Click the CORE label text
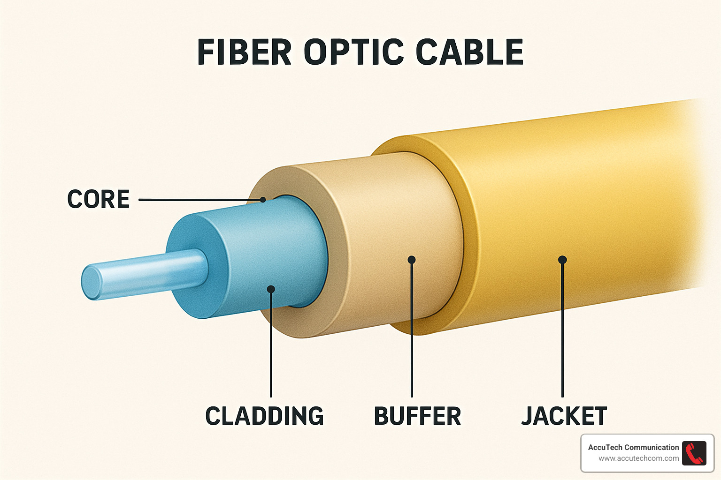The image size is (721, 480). (99, 199)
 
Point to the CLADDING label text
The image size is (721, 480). (264, 416)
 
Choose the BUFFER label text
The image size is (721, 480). (417, 416)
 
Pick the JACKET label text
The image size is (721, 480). (564, 416)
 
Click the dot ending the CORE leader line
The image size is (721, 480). (263, 200)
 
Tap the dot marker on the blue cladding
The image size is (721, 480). (271, 289)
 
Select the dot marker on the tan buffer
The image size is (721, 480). (412, 260)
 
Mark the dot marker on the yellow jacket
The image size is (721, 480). (562, 260)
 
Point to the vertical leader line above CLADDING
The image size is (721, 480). (271, 347)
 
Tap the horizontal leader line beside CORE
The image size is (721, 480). (197, 200)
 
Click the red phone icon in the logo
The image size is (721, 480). (694, 453)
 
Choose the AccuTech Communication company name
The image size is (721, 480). (633, 447)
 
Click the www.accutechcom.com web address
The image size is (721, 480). (638, 458)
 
